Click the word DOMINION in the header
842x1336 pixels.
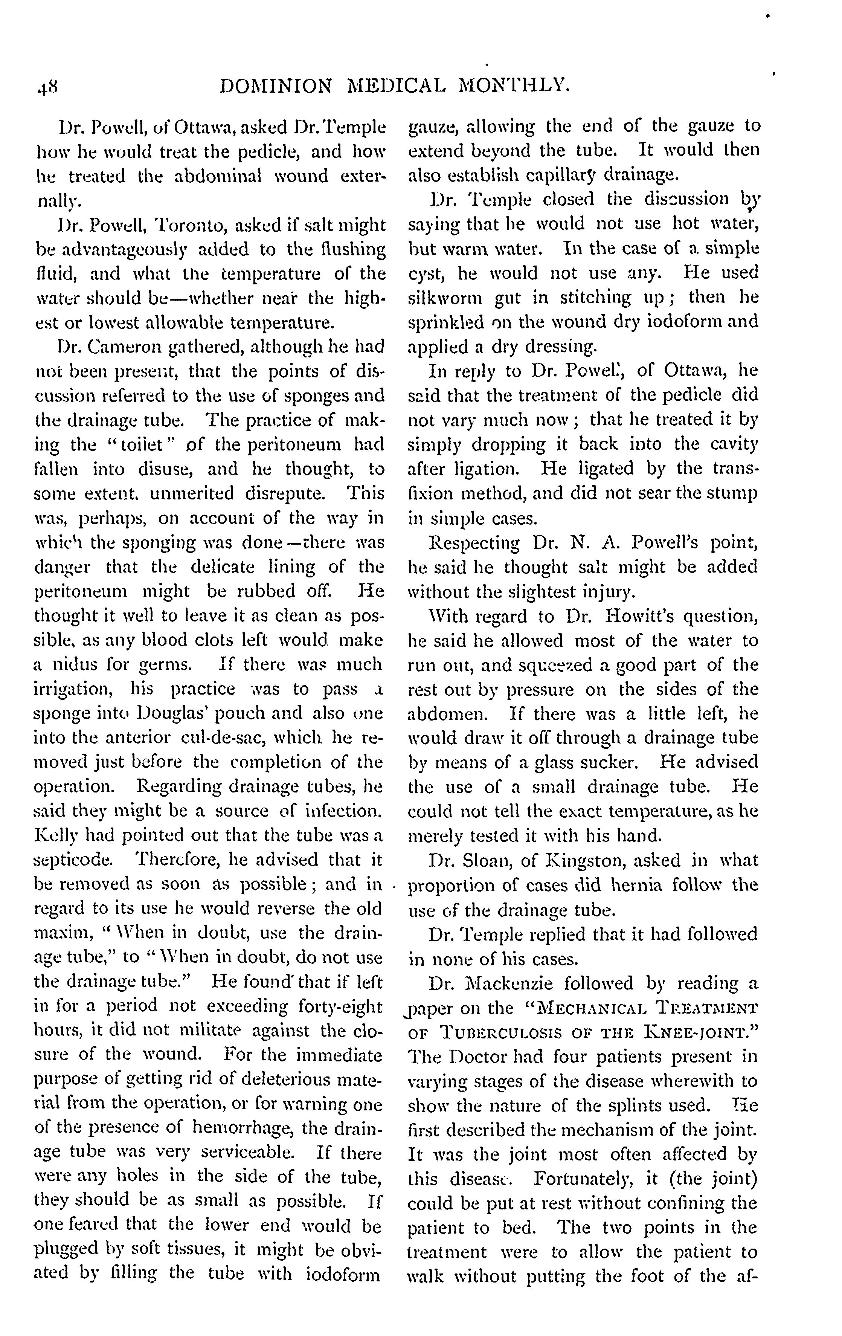click(276, 86)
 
